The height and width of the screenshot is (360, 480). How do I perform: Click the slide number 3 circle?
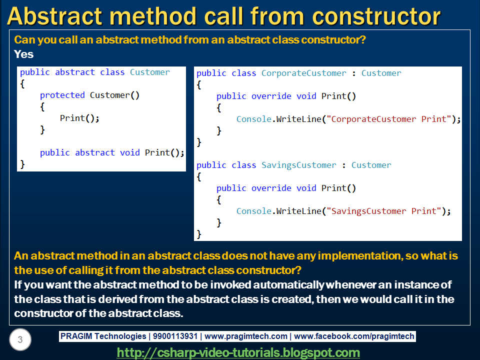20,339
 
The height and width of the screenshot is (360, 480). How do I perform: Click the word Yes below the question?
23,54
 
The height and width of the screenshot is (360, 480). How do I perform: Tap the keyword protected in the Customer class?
62,95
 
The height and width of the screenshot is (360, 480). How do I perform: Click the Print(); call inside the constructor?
79,118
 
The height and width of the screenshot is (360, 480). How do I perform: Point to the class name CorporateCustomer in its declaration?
304,73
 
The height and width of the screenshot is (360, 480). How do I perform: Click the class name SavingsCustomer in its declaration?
299,165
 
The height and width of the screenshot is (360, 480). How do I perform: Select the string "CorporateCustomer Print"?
389,119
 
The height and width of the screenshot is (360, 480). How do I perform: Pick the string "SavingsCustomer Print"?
384,211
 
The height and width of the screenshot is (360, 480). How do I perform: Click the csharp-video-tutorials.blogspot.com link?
238,352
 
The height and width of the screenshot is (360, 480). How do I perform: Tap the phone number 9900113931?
175,336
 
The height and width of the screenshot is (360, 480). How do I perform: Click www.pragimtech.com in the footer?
246,336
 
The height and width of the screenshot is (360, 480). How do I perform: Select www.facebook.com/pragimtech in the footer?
354,336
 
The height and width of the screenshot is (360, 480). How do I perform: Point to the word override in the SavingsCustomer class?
271,188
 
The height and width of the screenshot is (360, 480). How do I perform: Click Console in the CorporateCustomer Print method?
254,119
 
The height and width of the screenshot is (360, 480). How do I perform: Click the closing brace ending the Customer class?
22,164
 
